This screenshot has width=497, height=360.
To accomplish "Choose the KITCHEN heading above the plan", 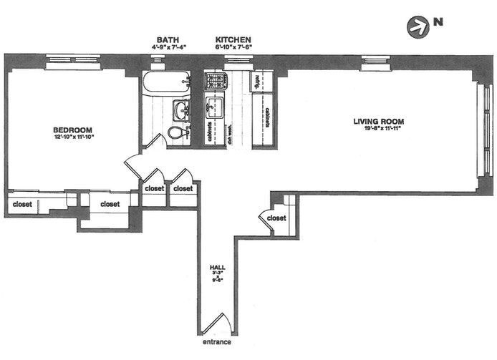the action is (233, 39).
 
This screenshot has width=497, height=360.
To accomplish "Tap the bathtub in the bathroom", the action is (165, 84).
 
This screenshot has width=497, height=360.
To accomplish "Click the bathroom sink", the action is (180, 110).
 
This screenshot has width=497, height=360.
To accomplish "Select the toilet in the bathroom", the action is (177, 133).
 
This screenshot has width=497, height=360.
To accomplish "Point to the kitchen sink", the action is (213, 110).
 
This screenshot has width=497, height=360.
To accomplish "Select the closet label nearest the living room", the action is (276, 218).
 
